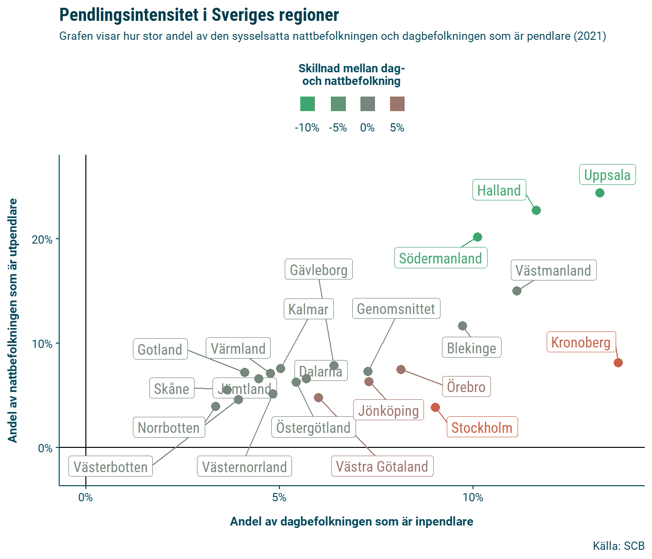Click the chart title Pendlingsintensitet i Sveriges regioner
point(199,15)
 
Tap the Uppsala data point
point(600,193)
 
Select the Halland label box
point(499,190)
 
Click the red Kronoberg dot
point(618,363)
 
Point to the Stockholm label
point(482,427)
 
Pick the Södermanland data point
point(477,237)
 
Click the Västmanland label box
point(553,270)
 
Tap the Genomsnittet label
point(396,309)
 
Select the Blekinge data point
point(462,326)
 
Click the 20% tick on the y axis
point(42,240)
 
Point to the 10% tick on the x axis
point(473,497)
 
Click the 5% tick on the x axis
point(279,497)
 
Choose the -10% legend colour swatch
point(308,104)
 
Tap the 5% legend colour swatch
point(397,104)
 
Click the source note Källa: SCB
point(619,546)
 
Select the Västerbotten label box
point(111,467)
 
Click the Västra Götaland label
point(382,466)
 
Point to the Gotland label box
point(160,349)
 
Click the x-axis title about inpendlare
point(352,522)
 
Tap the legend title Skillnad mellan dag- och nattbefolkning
point(352,75)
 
